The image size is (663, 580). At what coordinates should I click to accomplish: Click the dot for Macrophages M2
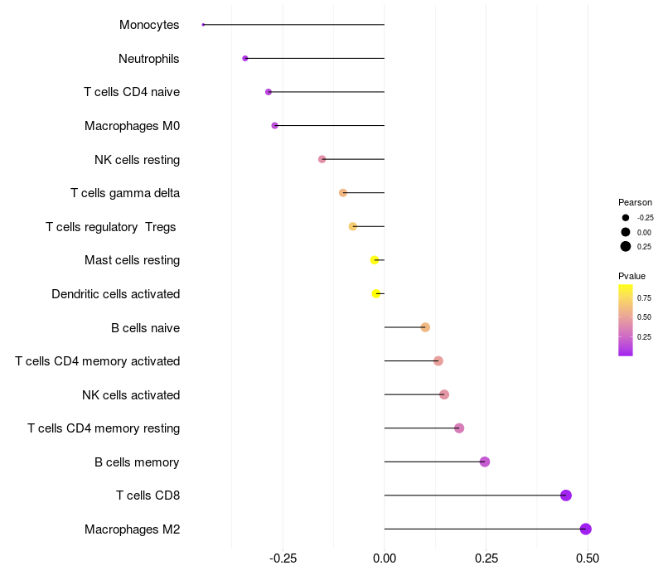click(x=585, y=529)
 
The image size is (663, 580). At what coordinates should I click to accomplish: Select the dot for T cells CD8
click(x=566, y=495)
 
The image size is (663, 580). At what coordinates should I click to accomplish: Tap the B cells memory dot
click(x=485, y=462)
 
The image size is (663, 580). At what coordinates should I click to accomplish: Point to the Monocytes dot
click(x=203, y=25)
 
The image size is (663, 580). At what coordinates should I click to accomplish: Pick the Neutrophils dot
click(x=245, y=58)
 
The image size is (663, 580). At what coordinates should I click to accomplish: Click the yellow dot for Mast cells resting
click(x=375, y=260)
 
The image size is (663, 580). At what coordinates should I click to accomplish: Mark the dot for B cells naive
click(x=425, y=327)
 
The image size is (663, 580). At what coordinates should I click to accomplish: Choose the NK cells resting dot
click(x=322, y=159)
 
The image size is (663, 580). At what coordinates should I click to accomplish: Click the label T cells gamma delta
click(x=125, y=193)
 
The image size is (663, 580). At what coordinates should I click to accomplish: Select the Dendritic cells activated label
click(x=115, y=294)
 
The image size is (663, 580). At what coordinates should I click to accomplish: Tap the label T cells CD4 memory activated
click(x=98, y=361)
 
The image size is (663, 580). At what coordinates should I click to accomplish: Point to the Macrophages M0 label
click(x=132, y=126)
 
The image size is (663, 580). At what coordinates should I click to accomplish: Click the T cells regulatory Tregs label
click(x=111, y=227)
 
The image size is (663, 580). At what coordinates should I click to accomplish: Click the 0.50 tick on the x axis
click(x=588, y=558)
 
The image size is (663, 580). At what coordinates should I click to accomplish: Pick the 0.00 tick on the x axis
click(x=385, y=558)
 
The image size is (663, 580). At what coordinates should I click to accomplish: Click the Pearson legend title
click(x=635, y=202)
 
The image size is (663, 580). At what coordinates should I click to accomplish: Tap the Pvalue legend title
click(x=632, y=276)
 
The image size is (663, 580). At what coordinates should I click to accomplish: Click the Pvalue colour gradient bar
click(x=626, y=320)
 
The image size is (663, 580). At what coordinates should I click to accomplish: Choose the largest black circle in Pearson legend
click(x=626, y=246)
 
